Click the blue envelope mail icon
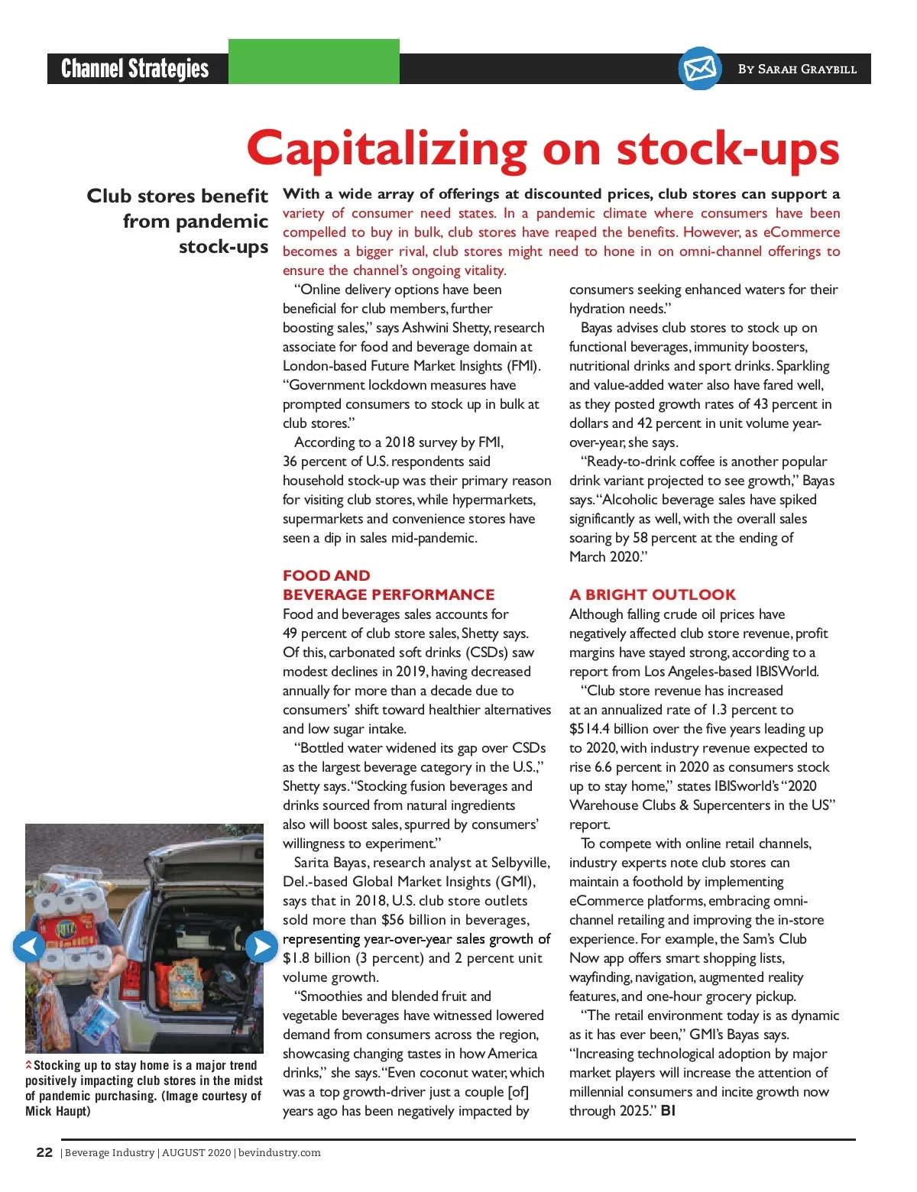[700, 69]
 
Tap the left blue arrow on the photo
[29, 947]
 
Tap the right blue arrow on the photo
[261, 947]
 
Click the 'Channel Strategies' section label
[135, 69]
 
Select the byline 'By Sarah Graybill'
[797, 70]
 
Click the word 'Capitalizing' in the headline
[387, 148]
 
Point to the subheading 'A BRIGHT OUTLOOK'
[652, 594]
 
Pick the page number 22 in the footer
[44, 1152]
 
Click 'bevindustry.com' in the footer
[279, 1153]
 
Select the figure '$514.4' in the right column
[589, 729]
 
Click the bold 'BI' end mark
[668, 1111]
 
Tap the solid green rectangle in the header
[314, 61]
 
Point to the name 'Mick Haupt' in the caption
[58, 1111]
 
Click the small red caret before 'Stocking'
[29, 1064]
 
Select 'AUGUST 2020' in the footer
[196, 1153]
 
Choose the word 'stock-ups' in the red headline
[728, 148]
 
